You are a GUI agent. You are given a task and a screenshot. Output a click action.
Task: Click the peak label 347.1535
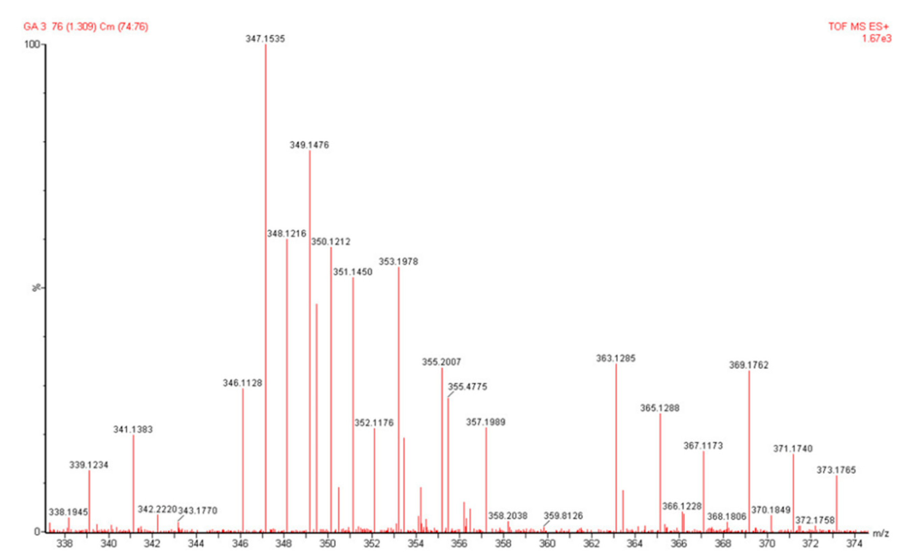[x=265, y=39]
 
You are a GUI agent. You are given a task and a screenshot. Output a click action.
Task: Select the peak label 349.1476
[x=309, y=145]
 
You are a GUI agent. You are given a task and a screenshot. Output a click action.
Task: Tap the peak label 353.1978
[x=398, y=262]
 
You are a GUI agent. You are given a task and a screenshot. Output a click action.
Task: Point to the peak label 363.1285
[x=616, y=358]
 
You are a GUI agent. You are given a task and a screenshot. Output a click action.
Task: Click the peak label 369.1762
[x=749, y=365]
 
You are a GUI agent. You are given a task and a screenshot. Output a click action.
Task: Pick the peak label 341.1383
[x=133, y=429]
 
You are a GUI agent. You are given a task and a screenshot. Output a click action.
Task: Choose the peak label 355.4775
[x=468, y=386]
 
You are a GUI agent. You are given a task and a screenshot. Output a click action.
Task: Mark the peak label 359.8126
[x=563, y=516]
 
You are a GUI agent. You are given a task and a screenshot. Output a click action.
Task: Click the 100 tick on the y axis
[x=31, y=45]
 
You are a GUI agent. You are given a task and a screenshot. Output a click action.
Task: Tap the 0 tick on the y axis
[x=37, y=532]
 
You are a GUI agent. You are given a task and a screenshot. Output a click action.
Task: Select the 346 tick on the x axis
[x=240, y=544]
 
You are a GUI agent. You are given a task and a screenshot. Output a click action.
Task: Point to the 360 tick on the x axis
[x=547, y=544]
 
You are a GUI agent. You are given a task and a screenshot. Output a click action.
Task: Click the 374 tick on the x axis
[x=854, y=544]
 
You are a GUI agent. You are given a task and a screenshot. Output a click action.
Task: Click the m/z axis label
[x=881, y=533]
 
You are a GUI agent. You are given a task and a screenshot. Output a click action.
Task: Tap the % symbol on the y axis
[x=36, y=288]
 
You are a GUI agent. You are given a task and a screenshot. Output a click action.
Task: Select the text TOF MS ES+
[x=858, y=27]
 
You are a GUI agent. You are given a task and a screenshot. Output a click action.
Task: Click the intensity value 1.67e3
[x=876, y=39]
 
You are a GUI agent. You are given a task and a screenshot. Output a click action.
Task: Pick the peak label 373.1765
[x=836, y=470]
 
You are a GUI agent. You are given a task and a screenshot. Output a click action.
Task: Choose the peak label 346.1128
[x=242, y=383]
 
